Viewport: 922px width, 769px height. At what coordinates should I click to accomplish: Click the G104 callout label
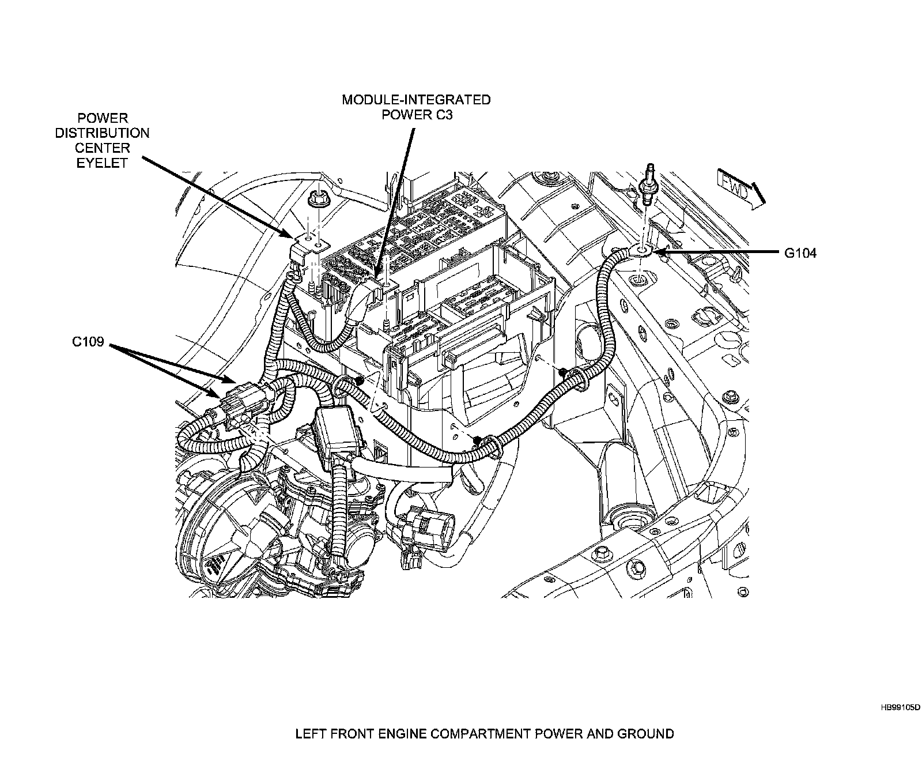point(800,252)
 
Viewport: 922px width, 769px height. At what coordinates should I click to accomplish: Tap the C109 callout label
point(88,342)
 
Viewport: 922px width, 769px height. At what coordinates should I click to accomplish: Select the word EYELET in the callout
point(102,163)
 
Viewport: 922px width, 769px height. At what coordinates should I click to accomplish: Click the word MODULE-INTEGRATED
point(416,100)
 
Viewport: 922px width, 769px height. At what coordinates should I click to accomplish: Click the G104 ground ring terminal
point(644,250)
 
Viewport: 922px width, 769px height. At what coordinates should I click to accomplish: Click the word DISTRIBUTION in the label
point(102,133)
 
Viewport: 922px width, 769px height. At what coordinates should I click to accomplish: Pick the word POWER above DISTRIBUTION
point(102,119)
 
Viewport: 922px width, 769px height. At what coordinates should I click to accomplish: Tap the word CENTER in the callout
point(102,148)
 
